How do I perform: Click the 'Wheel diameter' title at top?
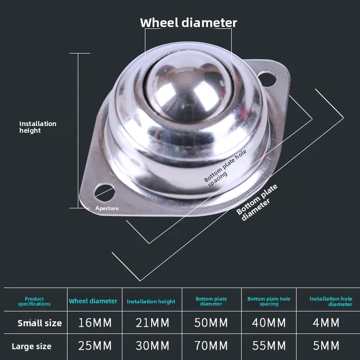coord(189,22)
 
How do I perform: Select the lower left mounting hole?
coord(102,190)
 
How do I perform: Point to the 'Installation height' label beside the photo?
coord(38,127)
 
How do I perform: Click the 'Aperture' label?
coord(107,208)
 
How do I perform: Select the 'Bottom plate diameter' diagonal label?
coord(257,202)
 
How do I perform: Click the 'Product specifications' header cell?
coord(34,301)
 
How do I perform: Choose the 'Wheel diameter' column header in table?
coord(93,301)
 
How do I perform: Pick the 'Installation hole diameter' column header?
coord(331,301)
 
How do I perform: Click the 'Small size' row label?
coord(40,323)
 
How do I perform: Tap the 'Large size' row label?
coord(31,346)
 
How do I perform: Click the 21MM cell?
coord(153,323)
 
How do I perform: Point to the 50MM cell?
coord(211,323)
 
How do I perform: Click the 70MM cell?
coord(211,346)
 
